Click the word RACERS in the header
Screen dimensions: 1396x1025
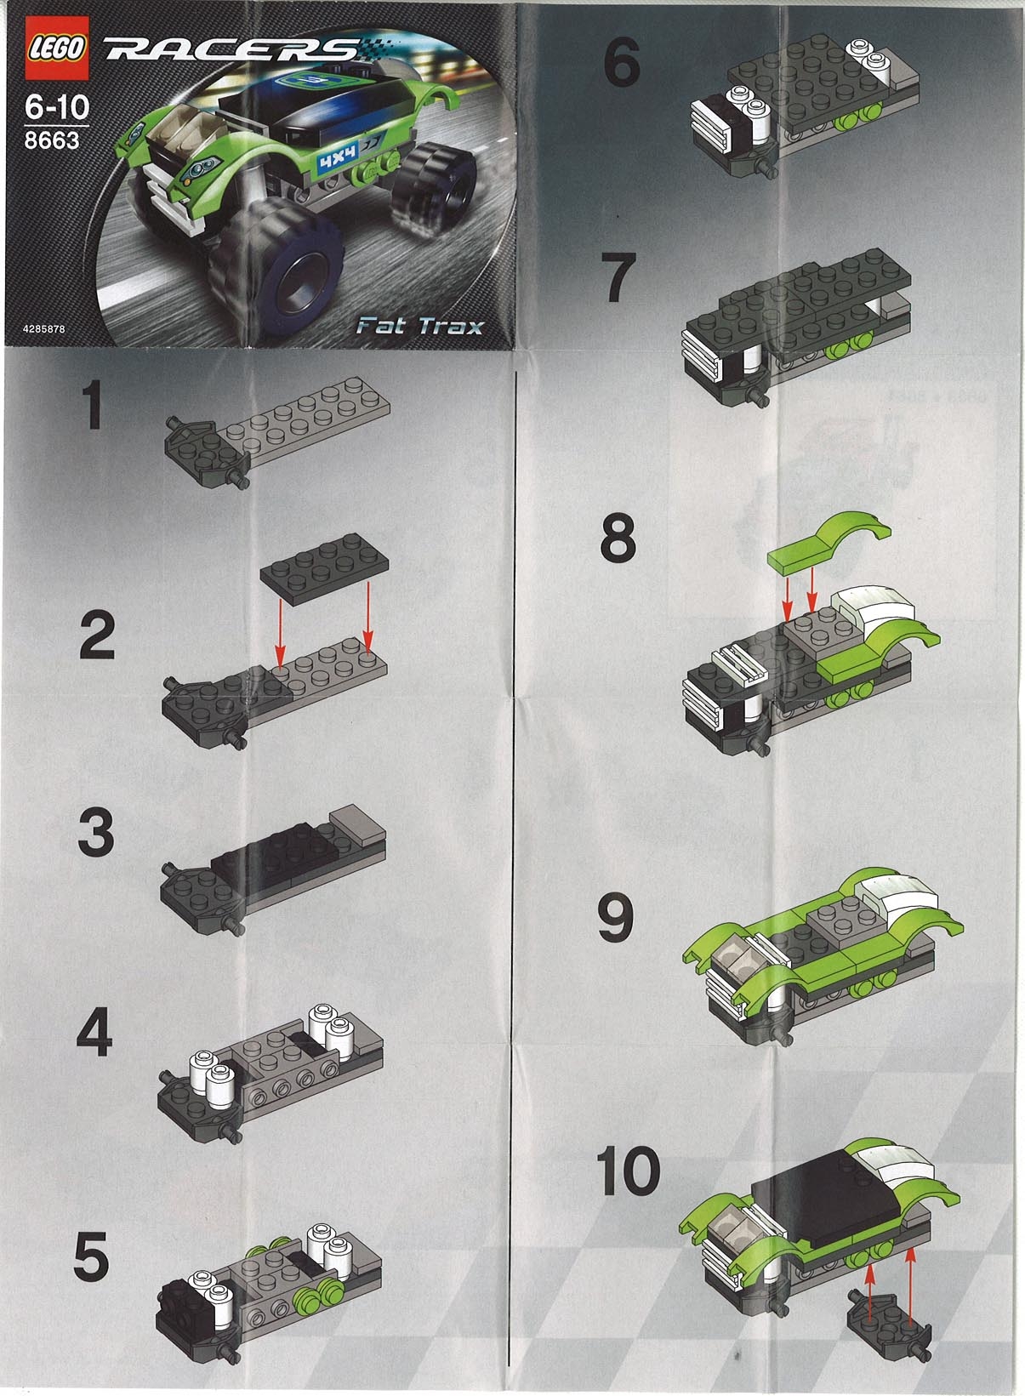coord(230,52)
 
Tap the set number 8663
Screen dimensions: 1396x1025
coord(51,140)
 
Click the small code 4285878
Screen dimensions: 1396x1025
coord(39,328)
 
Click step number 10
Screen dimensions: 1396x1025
coord(629,1171)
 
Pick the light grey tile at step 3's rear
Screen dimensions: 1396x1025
coord(357,820)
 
